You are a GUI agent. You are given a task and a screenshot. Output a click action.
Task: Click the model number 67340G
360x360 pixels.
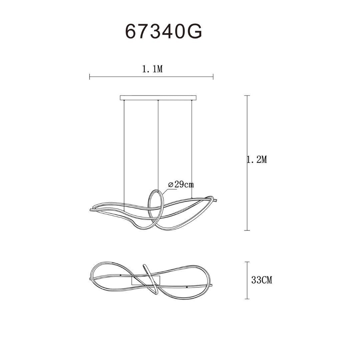coord(163,31)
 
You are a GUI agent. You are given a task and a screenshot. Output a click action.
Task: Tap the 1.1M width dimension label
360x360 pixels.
coord(152,69)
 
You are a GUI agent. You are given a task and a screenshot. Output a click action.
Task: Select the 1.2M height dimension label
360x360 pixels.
coord(257,159)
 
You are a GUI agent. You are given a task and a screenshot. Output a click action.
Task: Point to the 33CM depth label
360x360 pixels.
coord(262,280)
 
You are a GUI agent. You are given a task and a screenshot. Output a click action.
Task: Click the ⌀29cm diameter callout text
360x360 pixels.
coord(181,184)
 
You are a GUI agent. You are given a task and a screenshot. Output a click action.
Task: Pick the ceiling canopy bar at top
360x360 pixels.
coord(158,98)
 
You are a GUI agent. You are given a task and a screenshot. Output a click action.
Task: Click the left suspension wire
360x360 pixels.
coord(124,155)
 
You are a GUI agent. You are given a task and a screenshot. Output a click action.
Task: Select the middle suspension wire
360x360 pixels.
coord(158,145)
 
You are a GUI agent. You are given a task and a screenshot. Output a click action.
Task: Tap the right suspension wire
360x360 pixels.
coord(191,149)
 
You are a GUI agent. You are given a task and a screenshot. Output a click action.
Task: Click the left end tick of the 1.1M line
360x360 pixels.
coord(90,77)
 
